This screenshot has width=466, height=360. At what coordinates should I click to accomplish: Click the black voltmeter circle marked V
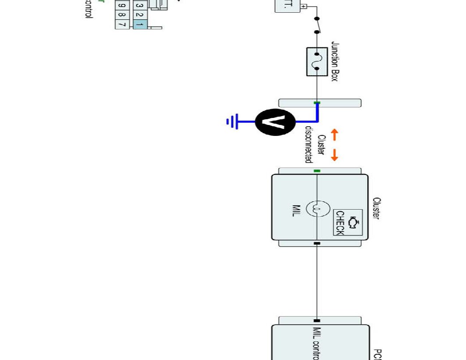tap(276, 121)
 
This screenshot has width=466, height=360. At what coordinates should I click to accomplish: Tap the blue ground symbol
tap(233, 121)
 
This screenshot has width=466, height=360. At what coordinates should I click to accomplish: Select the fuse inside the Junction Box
tap(317, 62)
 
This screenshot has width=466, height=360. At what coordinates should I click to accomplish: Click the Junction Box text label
tap(335, 62)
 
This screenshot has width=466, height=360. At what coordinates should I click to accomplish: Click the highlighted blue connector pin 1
tap(139, 25)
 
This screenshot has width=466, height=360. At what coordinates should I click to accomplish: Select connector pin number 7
tap(122, 25)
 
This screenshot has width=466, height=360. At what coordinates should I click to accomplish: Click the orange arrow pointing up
tap(334, 135)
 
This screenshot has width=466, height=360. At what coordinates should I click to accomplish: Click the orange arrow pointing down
tap(334, 154)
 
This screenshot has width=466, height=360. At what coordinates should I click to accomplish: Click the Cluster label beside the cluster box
tap(376, 208)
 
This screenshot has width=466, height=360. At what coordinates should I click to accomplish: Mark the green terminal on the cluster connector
tap(317, 171)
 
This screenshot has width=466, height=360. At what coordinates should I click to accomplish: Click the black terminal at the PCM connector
tap(317, 321)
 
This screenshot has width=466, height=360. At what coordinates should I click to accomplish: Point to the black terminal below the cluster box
tap(317, 243)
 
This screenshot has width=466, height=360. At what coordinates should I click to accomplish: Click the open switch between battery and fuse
tap(317, 25)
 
